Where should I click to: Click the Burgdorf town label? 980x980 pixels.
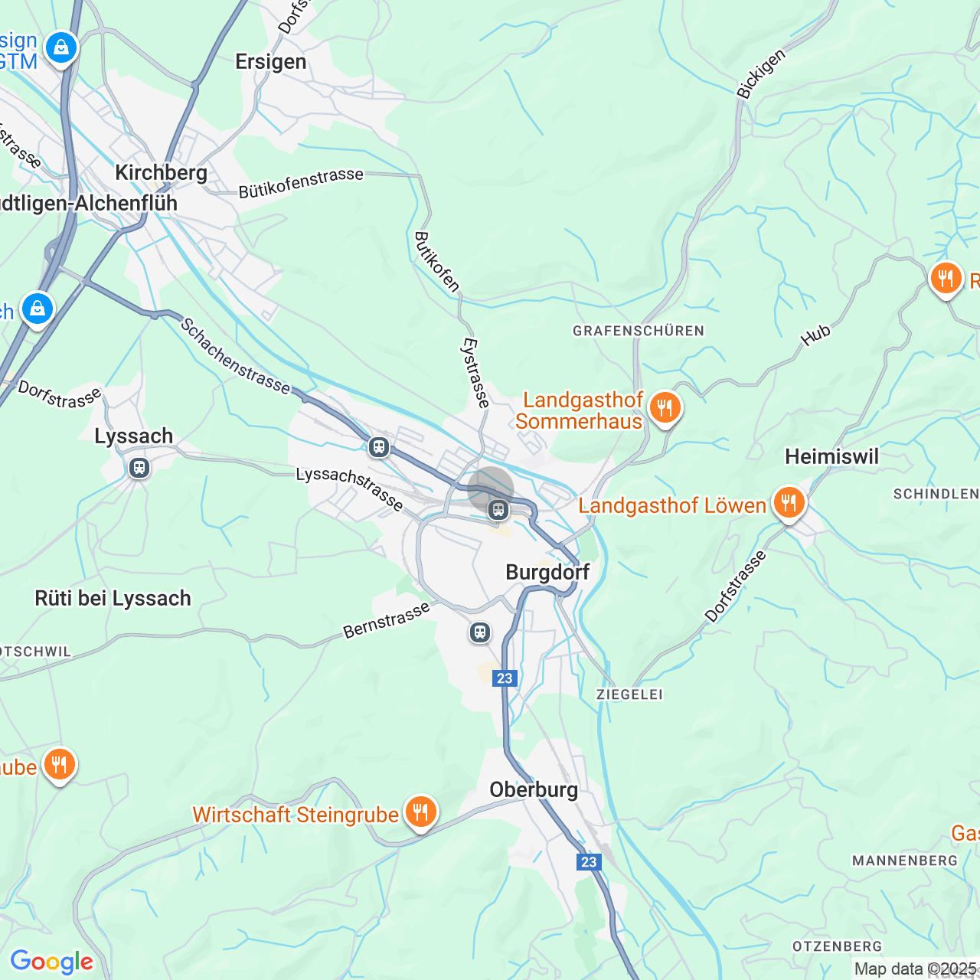click(x=547, y=572)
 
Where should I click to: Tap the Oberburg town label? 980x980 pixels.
click(x=534, y=789)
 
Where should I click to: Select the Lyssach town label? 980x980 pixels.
click(x=133, y=436)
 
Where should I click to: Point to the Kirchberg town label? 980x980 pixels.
click(x=161, y=172)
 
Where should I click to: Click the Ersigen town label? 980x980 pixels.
click(x=270, y=62)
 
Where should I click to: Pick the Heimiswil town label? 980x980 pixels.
click(x=831, y=457)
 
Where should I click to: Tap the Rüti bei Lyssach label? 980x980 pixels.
click(x=113, y=598)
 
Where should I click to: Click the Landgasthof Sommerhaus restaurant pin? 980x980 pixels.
click(x=665, y=408)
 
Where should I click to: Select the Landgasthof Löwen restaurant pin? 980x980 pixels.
click(x=788, y=503)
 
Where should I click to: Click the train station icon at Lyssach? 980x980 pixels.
click(x=139, y=468)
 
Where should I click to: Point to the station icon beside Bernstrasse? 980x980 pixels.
click(x=480, y=632)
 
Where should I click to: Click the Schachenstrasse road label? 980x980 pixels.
click(x=235, y=357)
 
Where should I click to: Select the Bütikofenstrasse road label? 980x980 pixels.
click(x=301, y=183)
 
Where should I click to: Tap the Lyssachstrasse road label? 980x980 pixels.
click(x=350, y=488)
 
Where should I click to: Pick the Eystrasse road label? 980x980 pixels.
click(x=475, y=372)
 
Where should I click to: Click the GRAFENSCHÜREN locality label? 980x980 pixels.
click(x=638, y=331)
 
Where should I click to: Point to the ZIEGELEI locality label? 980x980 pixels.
click(x=629, y=694)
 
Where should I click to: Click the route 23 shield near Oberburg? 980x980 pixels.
click(x=588, y=862)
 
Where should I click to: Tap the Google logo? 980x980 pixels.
click(x=51, y=962)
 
